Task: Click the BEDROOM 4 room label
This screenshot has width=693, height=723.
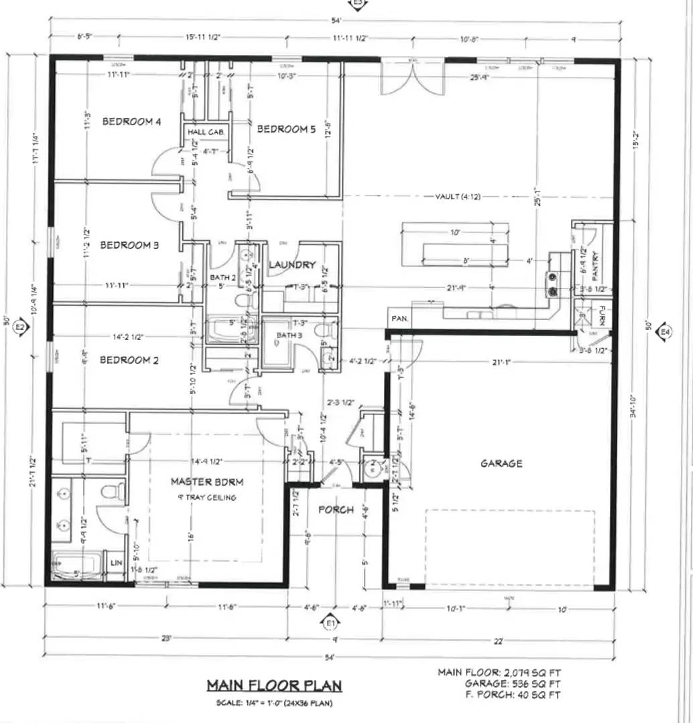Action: tap(131, 121)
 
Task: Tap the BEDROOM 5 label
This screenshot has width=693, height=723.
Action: tap(286, 129)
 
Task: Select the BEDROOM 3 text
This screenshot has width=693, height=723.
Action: tap(129, 245)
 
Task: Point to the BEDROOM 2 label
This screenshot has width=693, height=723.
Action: tap(129, 360)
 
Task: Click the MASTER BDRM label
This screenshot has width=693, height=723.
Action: tap(206, 481)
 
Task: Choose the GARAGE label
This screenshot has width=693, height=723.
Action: tap(501, 463)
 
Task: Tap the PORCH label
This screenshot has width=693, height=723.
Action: tap(336, 510)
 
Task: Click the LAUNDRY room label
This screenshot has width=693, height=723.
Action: tap(292, 265)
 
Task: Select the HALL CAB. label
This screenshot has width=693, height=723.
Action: tap(205, 133)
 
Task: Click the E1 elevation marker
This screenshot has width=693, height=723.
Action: tap(330, 623)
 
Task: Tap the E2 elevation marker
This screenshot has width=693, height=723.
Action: tap(20, 327)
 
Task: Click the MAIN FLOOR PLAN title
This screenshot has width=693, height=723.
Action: tap(273, 686)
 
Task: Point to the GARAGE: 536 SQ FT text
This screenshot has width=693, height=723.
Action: tap(513, 684)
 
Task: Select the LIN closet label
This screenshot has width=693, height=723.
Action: tap(116, 562)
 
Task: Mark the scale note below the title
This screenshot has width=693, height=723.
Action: tap(273, 703)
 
